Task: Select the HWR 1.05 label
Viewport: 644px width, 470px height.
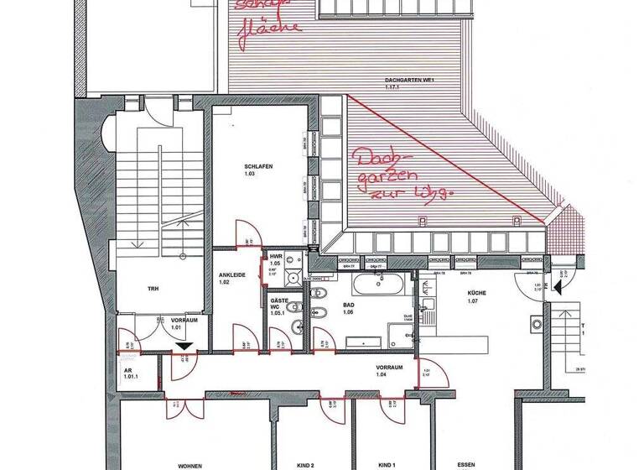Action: [275, 258]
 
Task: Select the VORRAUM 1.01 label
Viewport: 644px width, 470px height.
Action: [183, 323]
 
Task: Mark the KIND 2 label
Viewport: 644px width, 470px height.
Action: [304, 464]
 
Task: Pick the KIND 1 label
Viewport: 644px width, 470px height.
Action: [387, 464]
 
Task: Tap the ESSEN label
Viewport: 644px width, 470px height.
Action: [466, 464]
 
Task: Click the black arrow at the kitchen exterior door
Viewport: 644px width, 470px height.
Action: [544, 286]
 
